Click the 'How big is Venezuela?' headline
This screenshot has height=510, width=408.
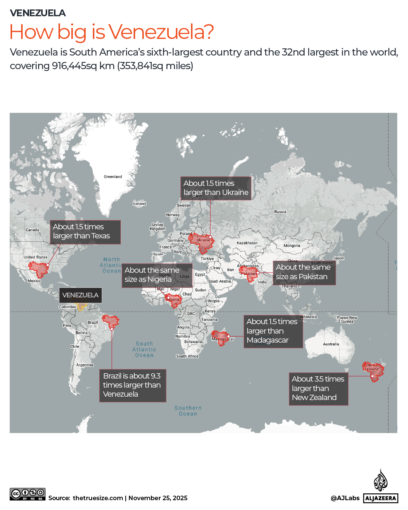tap(111, 32)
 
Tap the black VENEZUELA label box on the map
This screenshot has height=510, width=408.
tap(80, 295)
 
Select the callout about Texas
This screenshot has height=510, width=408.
tap(85, 232)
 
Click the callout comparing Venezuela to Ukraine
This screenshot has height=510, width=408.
tap(216, 188)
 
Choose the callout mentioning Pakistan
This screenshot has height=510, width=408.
tap(304, 272)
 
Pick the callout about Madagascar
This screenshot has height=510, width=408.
tap(273, 331)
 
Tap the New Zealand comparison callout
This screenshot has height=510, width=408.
tap(318, 388)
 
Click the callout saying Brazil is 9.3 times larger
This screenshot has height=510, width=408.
tap(132, 385)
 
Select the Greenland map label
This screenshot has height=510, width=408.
tap(113, 177)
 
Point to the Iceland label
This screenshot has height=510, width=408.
tap(139, 204)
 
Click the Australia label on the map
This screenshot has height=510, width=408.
tap(331, 344)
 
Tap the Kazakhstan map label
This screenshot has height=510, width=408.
tap(247, 243)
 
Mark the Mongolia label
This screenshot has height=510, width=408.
tap(292, 246)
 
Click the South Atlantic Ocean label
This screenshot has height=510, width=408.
tap(144, 349)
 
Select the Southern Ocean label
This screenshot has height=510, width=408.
tap(188, 411)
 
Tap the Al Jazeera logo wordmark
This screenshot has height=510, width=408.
tap(380, 498)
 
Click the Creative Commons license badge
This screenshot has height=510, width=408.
tap(28, 494)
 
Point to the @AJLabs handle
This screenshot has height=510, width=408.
tap(345, 498)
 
